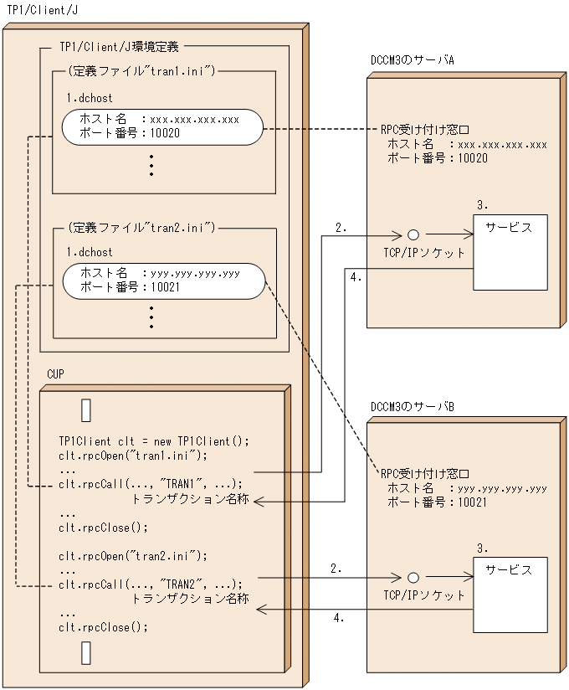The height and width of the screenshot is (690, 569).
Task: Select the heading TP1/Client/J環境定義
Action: point(119,48)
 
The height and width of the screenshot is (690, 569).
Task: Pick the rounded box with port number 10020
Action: point(162,126)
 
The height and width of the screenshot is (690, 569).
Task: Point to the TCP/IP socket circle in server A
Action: point(413,236)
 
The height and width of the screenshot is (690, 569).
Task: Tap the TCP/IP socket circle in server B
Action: point(413,578)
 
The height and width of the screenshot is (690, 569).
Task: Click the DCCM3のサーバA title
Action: point(412,61)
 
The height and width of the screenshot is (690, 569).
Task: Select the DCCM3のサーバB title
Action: point(412,406)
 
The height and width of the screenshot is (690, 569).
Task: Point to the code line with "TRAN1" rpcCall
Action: point(151,484)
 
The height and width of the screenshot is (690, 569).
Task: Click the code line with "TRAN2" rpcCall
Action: point(151,584)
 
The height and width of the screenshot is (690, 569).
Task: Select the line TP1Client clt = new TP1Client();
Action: point(154,441)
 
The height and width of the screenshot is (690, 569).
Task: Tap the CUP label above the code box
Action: point(57,371)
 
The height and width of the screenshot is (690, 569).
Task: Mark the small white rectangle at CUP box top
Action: point(85,410)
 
